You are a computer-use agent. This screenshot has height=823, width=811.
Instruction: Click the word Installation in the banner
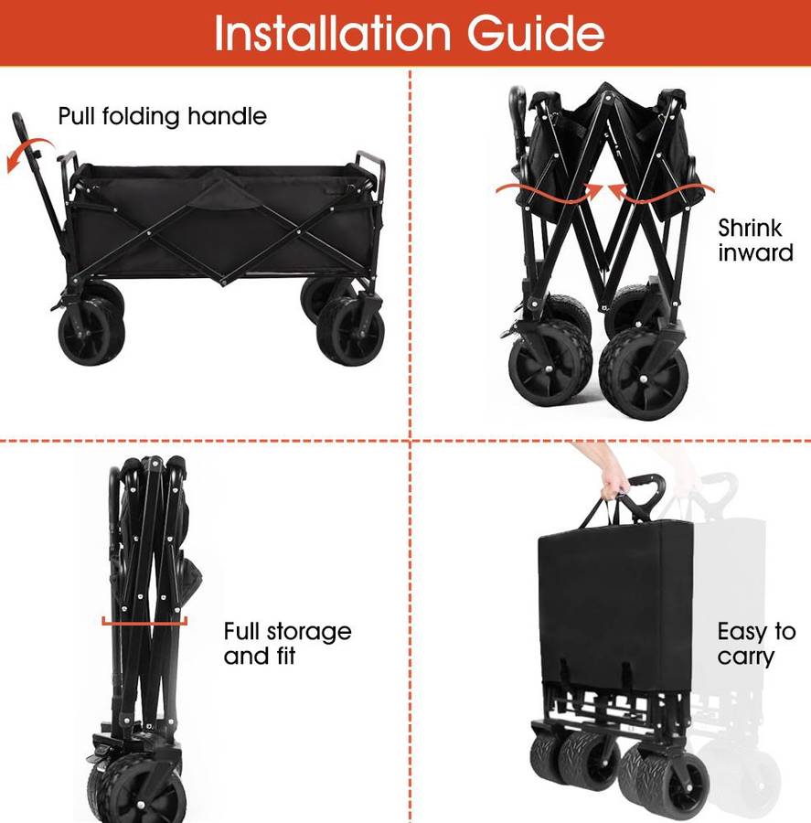click(x=332, y=33)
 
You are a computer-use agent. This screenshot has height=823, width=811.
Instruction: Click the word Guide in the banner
click(x=536, y=33)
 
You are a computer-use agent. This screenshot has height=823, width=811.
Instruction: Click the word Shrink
click(x=750, y=229)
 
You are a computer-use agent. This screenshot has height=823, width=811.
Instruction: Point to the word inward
click(x=755, y=253)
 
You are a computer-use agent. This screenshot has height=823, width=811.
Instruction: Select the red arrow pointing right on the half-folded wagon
click(x=550, y=193)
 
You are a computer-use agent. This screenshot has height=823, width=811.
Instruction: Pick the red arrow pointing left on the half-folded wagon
click(x=661, y=193)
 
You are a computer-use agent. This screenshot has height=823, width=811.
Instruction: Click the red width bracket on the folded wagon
click(x=144, y=623)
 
